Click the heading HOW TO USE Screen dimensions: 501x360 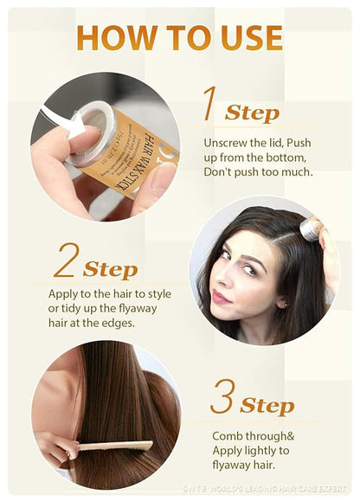pos(179,37)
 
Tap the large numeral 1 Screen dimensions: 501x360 pos(209,105)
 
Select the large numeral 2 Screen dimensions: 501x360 pos(66,261)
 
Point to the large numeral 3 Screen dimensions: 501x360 pos(222,397)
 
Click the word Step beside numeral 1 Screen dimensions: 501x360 pos(252,112)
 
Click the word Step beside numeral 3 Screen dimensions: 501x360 pos(267,406)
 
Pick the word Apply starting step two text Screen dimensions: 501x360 pos(63,293)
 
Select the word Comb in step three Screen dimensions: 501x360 pos(227,435)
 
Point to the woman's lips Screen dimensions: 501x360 pos(222,297)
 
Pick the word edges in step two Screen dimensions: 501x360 pos(121,323)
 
